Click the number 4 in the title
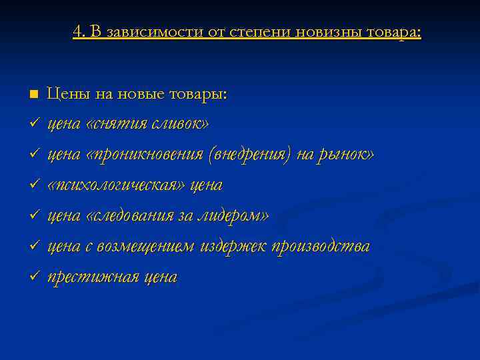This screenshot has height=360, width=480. (x=77, y=31)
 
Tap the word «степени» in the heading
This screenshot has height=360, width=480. (x=257, y=31)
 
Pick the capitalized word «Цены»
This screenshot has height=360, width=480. (x=67, y=94)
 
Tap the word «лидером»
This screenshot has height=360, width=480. (x=239, y=215)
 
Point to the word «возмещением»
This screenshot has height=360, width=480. (x=145, y=246)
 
